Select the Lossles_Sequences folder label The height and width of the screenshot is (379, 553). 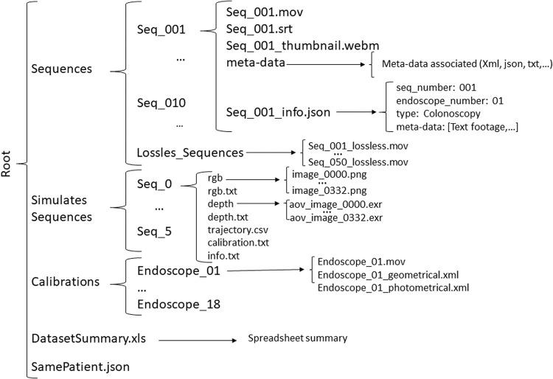click(189, 153)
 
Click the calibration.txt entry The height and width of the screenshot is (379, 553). click(238, 243)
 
